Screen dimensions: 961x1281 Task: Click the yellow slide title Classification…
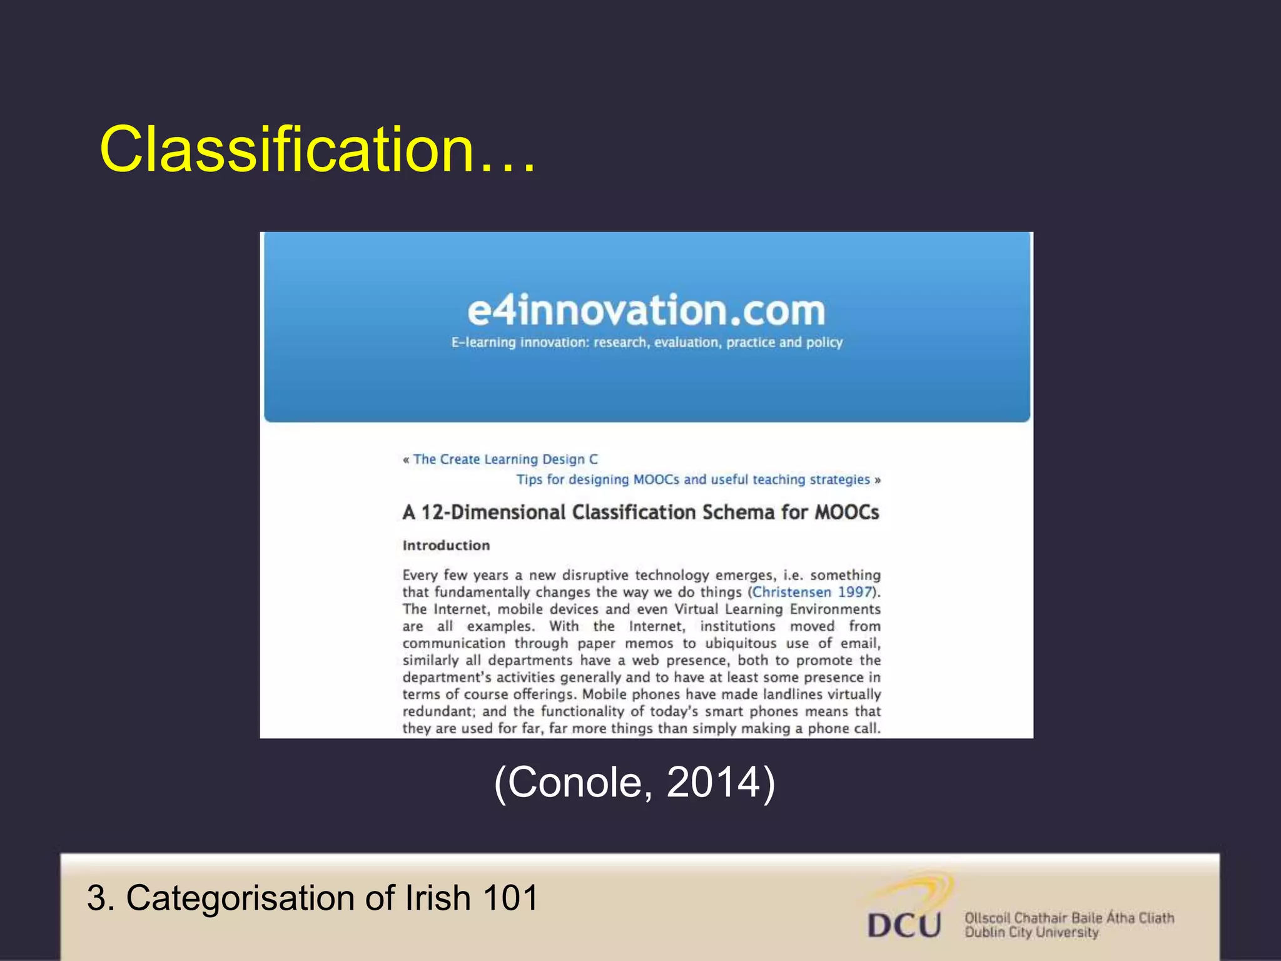tap(318, 150)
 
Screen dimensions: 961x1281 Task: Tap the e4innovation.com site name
tap(646, 311)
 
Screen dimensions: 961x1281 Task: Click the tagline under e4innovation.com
tap(647, 343)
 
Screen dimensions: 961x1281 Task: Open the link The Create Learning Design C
tap(505, 459)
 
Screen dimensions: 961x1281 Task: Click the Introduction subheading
tap(446, 546)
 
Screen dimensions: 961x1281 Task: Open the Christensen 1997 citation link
tap(812, 592)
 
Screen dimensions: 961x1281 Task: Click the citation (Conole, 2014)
tap(634, 782)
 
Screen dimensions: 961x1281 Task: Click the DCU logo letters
tap(904, 925)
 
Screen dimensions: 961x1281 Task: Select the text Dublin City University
tap(1031, 933)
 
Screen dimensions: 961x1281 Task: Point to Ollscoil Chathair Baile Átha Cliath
tap(1069, 918)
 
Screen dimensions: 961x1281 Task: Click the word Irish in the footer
tap(437, 898)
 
